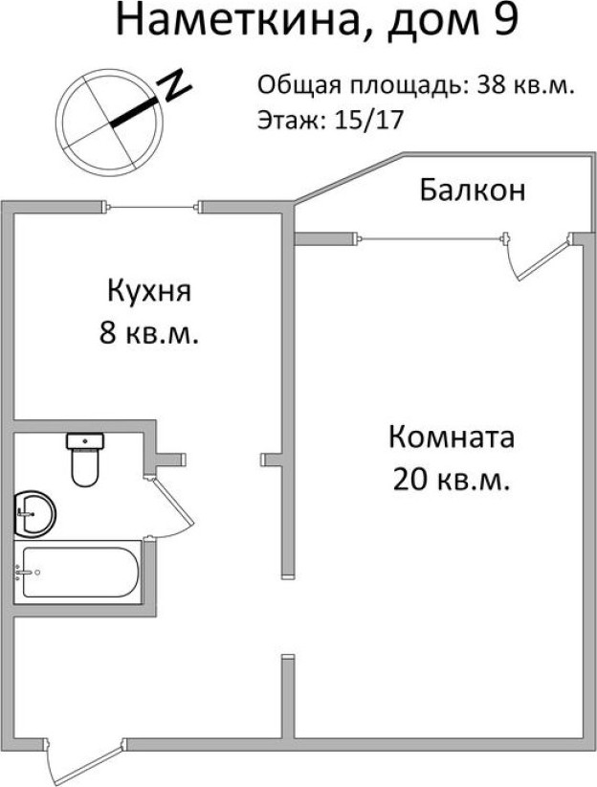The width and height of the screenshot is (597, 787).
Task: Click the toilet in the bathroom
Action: [85, 460]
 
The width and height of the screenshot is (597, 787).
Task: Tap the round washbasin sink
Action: [33, 513]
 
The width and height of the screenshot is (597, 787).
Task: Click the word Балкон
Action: [473, 190]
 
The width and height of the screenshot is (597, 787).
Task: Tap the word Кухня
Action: [149, 291]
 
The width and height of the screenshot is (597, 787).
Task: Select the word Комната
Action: [452, 437]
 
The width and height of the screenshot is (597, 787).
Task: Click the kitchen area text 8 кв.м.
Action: [149, 332]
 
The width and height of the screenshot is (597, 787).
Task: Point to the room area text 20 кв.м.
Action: [452, 480]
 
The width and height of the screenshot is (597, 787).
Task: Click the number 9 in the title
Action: [506, 20]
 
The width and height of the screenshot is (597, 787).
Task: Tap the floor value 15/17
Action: [369, 121]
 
